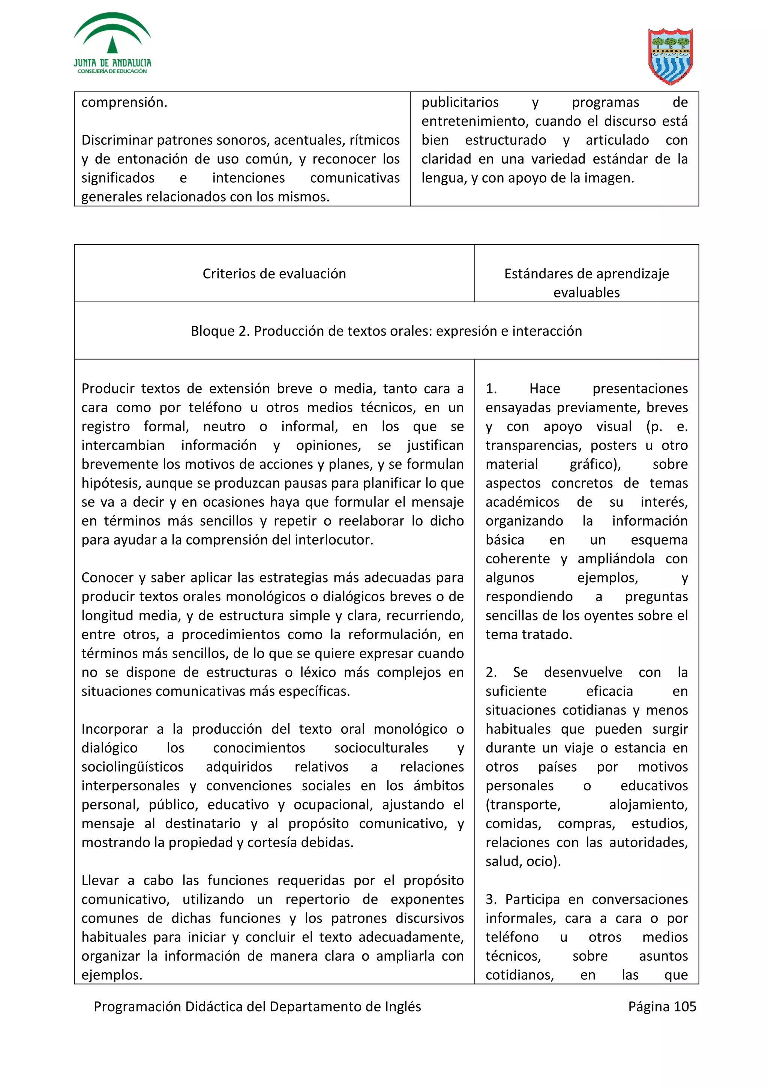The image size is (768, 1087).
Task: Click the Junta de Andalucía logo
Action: pyautogui.click(x=112, y=44)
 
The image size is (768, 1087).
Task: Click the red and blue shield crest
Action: pyautogui.click(x=670, y=56)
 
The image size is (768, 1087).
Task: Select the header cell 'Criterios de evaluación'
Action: pyautogui.click(x=274, y=274)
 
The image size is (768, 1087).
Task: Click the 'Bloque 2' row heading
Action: pyautogui.click(x=386, y=331)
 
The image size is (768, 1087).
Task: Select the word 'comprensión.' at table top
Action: pyautogui.click(x=124, y=102)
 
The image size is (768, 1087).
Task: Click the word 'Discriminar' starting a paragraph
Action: pyautogui.click(x=117, y=140)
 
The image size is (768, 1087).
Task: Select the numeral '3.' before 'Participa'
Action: pyautogui.click(x=491, y=899)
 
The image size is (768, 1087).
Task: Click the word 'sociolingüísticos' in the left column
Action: pyautogui.click(x=132, y=767)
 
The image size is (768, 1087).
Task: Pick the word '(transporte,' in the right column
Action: pyautogui.click(x=522, y=805)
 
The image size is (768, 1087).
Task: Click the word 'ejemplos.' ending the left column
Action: pyautogui.click(x=112, y=975)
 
